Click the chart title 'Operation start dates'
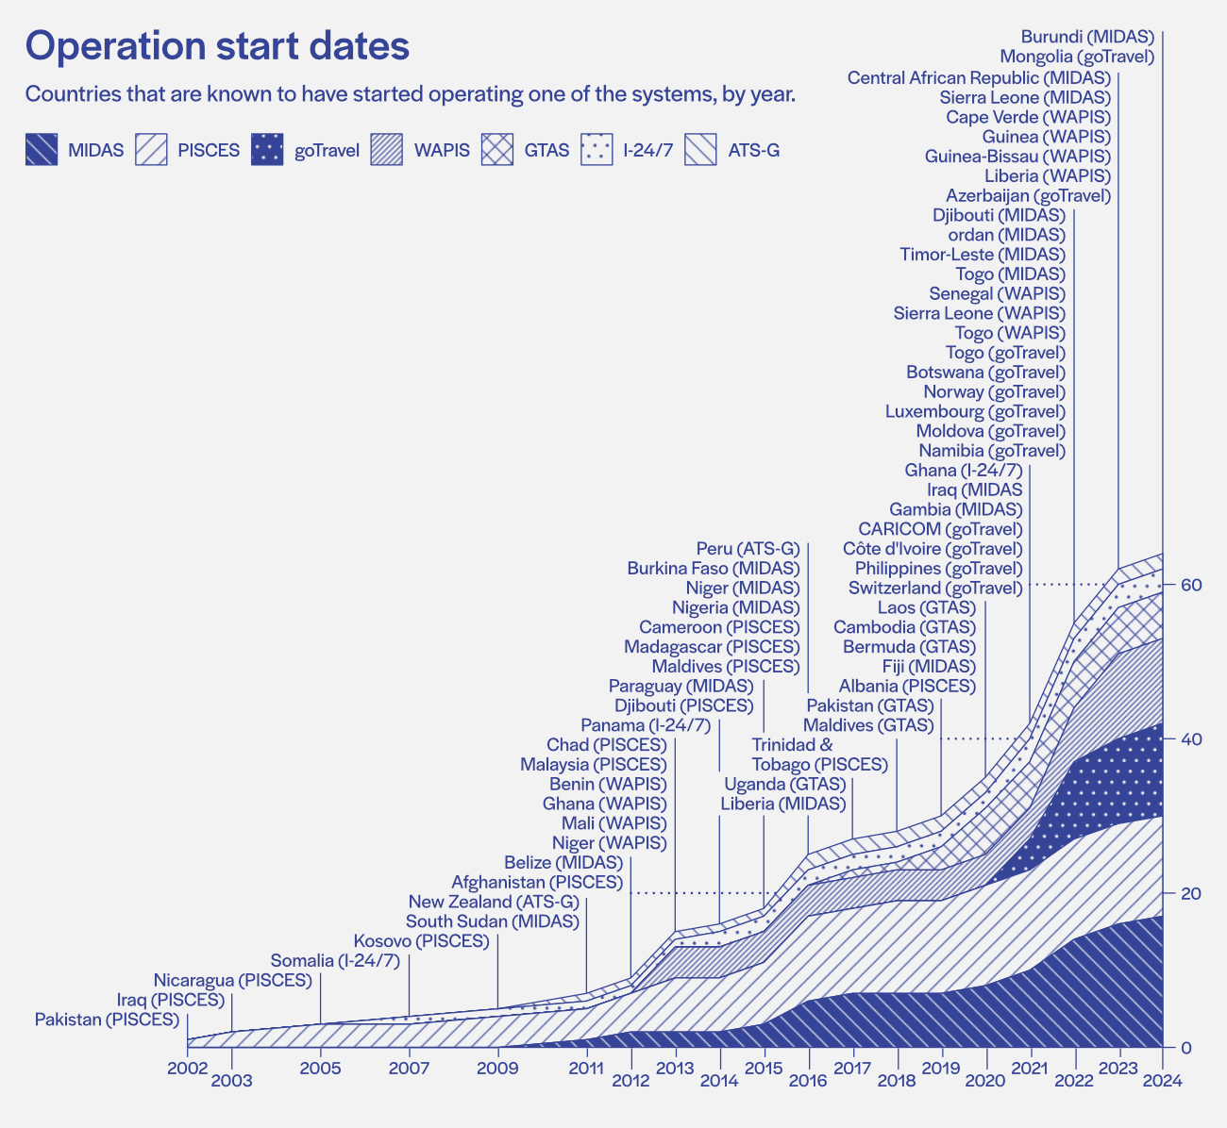217,47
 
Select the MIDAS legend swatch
42,150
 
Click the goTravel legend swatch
267,150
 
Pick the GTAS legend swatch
497,150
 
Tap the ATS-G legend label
754,150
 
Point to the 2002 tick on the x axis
187,1069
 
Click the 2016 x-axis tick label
808,1081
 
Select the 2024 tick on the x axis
1163,1081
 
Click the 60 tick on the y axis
1191,585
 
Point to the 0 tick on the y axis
1185,1048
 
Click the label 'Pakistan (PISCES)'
107,1020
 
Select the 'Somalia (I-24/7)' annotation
335,961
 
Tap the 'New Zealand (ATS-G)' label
494,902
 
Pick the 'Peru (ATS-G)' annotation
748,549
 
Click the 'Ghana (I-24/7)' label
963,471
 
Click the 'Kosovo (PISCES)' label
421,941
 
